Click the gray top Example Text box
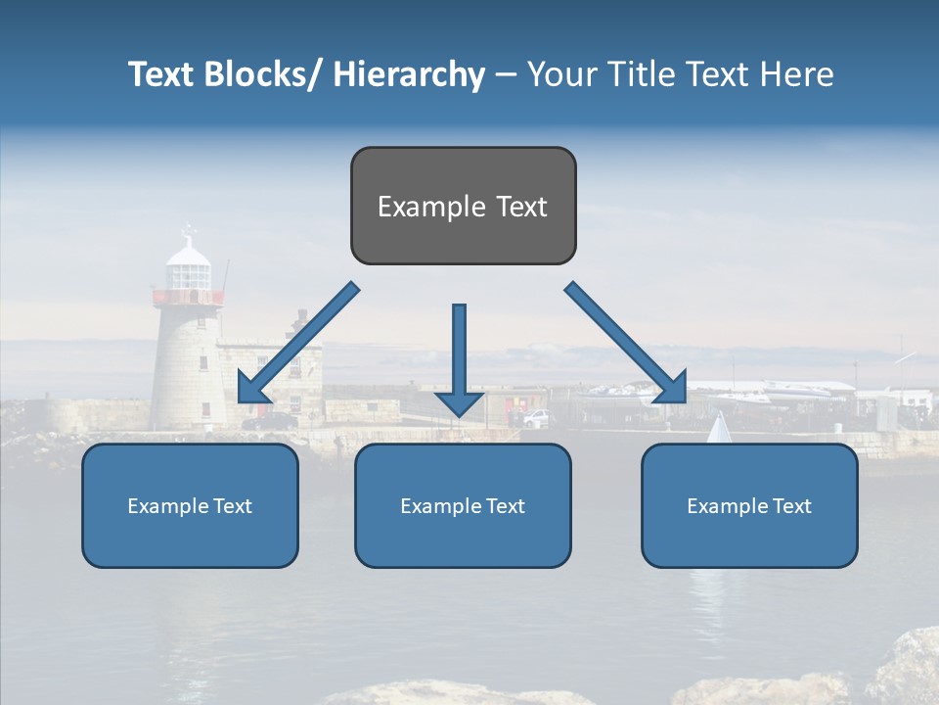463,206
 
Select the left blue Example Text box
190,505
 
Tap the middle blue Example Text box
463,505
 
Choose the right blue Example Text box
749,505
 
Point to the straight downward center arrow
459,357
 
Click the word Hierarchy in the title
409,74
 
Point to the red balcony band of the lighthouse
188,297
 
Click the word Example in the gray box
418,207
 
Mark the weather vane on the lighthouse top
189,233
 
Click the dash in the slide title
506,74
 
